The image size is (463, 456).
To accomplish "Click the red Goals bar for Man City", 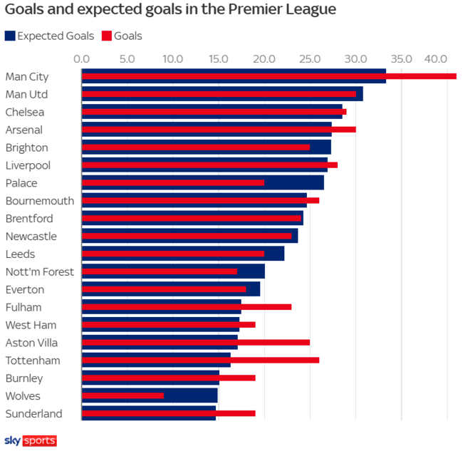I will click(269, 76).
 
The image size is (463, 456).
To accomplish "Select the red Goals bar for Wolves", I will click(123, 395).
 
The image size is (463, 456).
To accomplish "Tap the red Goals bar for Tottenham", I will click(200, 360).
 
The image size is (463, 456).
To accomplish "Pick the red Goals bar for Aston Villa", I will click(196, 342).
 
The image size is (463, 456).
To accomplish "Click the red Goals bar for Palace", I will click(173, 182).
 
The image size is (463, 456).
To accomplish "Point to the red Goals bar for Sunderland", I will click(168, 413).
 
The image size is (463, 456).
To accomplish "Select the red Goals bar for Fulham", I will click(187, 307).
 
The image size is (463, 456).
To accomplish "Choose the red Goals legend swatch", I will click(107, 36).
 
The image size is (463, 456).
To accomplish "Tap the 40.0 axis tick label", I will click(435, 58).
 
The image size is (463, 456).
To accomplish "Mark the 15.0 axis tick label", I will click(219, 58).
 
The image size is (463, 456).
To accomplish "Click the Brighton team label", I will click(26, 147).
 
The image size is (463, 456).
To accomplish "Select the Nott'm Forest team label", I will click(39, 271).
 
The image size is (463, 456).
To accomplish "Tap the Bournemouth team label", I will click(39, 201).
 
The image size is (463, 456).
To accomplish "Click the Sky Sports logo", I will click(31, 440).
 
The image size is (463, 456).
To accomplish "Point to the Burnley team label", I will click(24, 378).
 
